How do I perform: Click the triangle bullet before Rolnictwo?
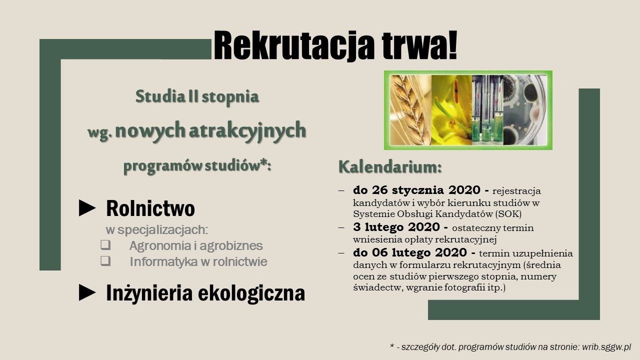click(x=87, y=208)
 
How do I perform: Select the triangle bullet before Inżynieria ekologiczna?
click(x=87, y=292)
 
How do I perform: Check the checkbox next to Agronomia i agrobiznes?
click(x=105, y=245)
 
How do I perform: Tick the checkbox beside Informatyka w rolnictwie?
click(x=105, y=261)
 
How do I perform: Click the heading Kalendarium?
click(x=390, y=167)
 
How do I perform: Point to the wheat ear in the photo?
click(x=410, y=110)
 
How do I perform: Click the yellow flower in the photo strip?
click(x=451, y=110)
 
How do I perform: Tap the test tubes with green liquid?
click(x=487, y=110)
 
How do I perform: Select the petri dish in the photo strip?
click(x=525, y=110)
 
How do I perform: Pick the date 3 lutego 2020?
click(x=396, y=227)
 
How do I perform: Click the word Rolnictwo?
click(x=150, y=208)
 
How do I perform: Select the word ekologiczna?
click(x=251, y=293)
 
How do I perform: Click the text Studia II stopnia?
click(x=197, y=96)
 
